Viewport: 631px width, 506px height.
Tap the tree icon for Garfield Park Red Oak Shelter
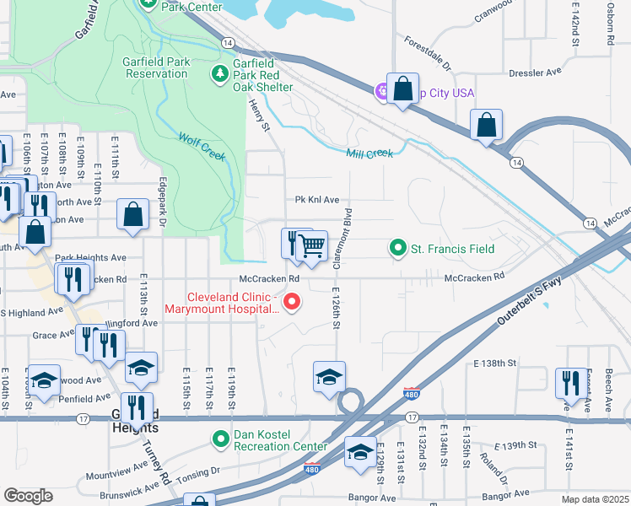[220, 73]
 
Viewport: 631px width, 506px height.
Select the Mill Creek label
[369, 153]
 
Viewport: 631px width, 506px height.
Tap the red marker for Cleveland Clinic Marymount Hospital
[292, 300]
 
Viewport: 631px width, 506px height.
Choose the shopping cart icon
[312, 245]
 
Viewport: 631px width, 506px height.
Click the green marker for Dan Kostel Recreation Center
[221, 439]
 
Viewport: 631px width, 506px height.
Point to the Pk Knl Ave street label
[316, 201]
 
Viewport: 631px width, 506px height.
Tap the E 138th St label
[494, 363]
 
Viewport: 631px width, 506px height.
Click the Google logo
[28, 496]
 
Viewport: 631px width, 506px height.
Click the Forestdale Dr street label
[429, 53]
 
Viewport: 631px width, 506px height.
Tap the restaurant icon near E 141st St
[570, 383]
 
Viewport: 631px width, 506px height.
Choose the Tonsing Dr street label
[197, 472]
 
